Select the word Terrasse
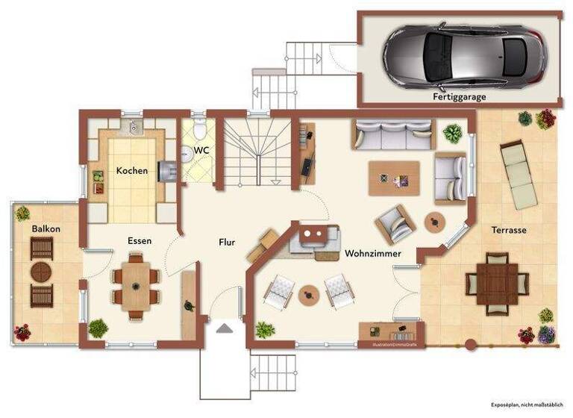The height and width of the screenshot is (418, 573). (509, 230)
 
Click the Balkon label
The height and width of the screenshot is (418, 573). (46, 228)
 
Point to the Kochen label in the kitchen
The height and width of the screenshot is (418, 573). (132, 171)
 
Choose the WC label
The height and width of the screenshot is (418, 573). (201, 150)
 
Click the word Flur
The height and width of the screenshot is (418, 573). (227, 242)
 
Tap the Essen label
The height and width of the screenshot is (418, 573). (140, 241)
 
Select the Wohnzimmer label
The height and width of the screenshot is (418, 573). (372, 254)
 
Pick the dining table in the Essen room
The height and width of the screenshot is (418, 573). (136, 285)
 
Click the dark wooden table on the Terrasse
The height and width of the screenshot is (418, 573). (498, 283)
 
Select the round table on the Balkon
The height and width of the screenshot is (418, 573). (41, 272)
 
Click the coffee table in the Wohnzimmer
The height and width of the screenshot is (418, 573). (394, 178)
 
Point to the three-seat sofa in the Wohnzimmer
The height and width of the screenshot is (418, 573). (393, 135)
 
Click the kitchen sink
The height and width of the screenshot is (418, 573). (134, 128)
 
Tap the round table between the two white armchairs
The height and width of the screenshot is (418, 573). (308, 294)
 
